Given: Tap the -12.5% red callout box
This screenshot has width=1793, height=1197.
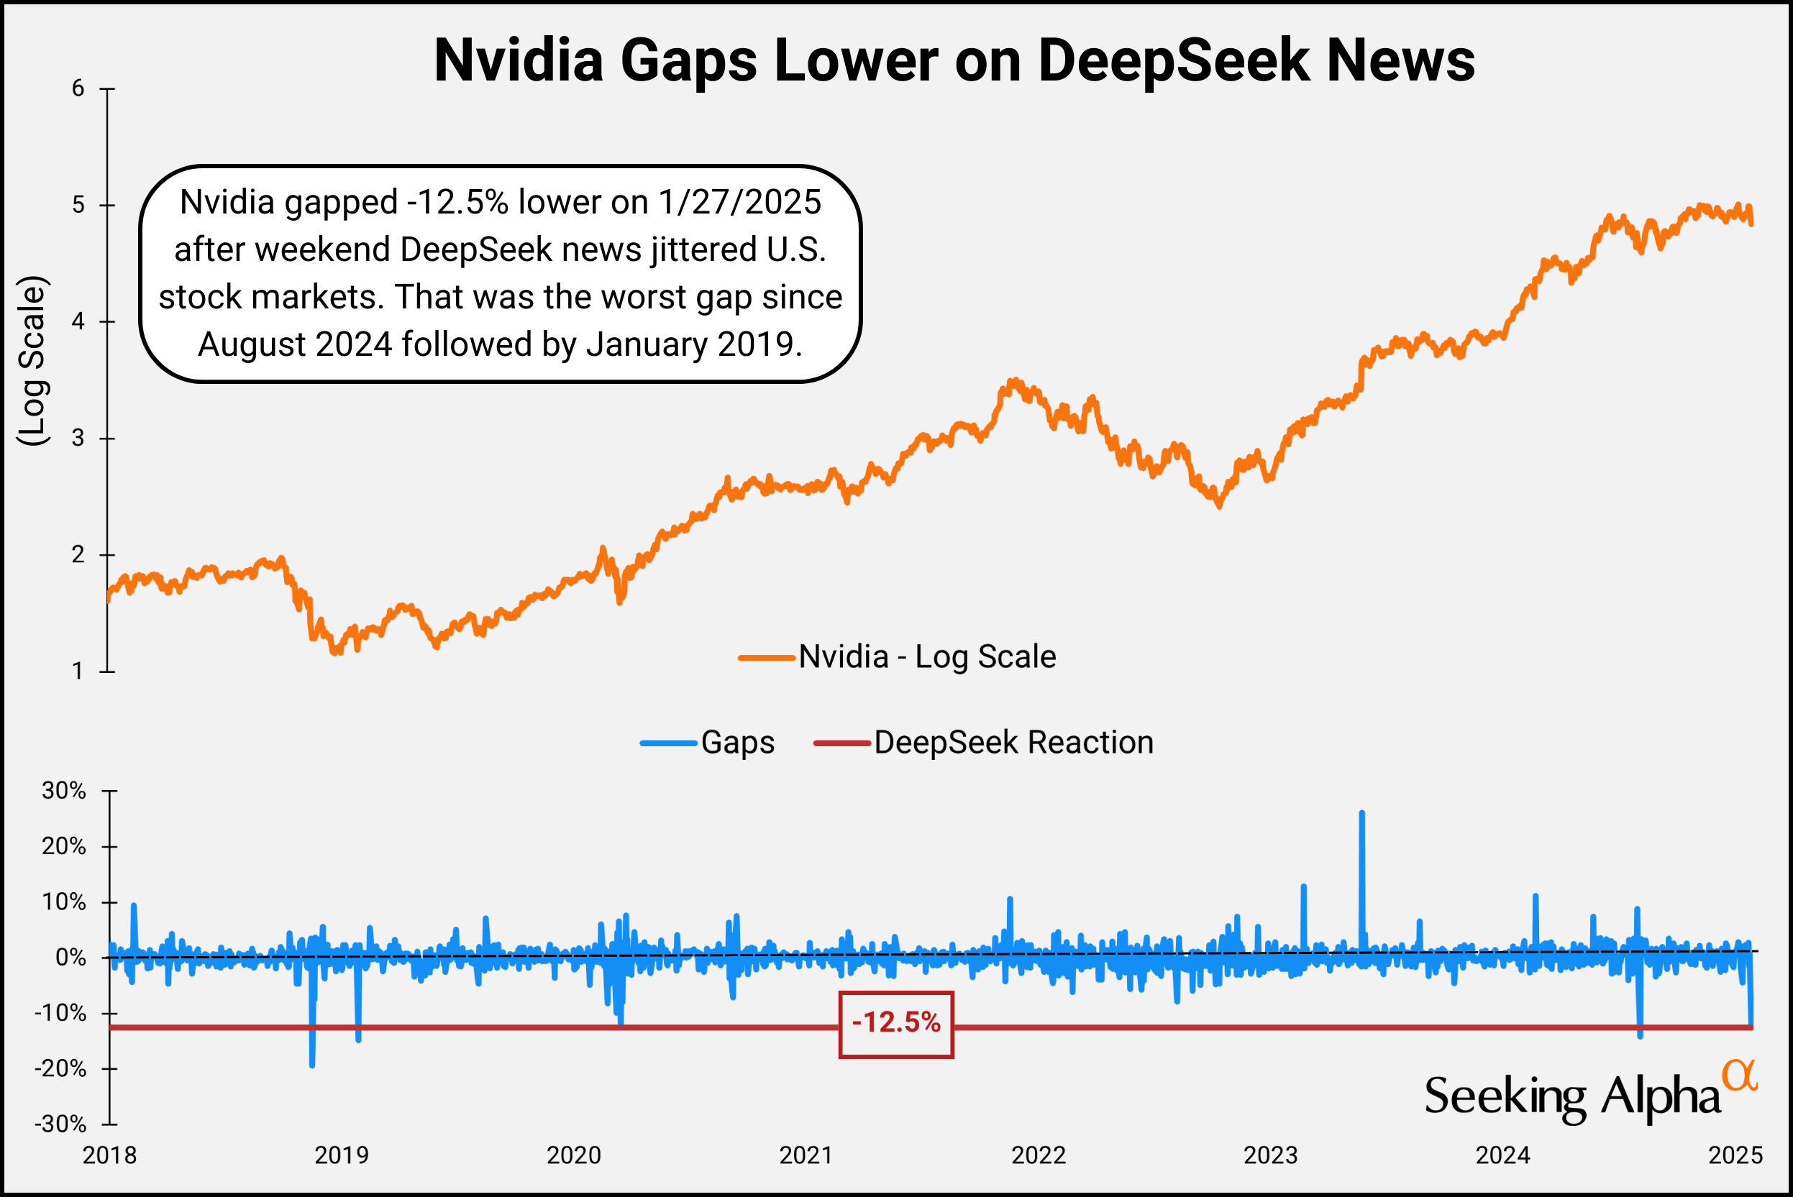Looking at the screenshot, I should click(x=895, y=1024).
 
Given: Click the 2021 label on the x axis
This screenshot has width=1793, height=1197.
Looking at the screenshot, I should click(x=806, y=1155).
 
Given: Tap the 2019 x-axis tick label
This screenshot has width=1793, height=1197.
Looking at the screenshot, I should click(x=342, y=1155).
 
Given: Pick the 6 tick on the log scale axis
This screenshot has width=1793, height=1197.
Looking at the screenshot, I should click(x=78, y=88).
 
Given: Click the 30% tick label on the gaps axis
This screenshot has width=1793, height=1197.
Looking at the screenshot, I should click(x=63, y=791).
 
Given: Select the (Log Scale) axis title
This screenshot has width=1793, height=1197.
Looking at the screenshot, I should click(x=34, y=360).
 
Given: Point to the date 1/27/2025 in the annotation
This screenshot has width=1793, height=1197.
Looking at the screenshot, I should click(x=739, y=202).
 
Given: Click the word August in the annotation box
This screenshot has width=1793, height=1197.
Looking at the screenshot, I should click(x=252, y=344).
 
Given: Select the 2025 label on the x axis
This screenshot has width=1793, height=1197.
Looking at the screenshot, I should click(x=1735, y=1155).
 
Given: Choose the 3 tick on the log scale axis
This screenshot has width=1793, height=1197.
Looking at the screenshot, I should click(x=78, y=439).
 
